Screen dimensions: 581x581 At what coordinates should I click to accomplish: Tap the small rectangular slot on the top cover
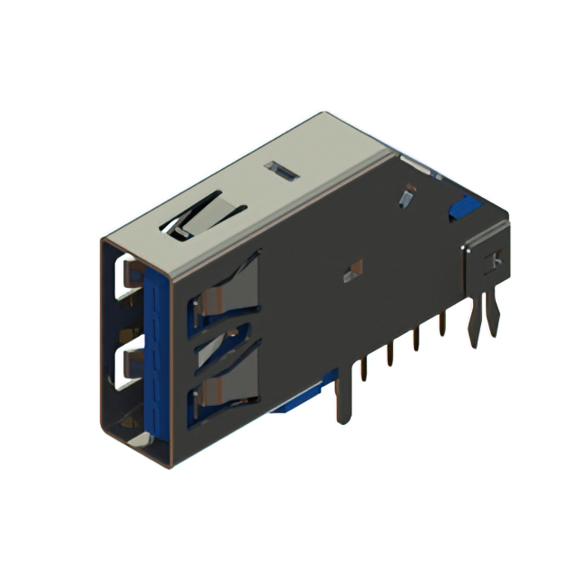(x=281, y=171)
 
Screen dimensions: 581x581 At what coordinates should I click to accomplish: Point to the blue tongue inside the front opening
(x=156, y=354)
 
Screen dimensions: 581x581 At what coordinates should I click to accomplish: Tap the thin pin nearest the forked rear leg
(x=442, y=321)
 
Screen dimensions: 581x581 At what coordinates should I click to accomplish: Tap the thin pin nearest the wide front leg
(x=363, y=368)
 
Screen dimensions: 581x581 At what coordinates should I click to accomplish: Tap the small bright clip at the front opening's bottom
(x=136, y=438)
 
